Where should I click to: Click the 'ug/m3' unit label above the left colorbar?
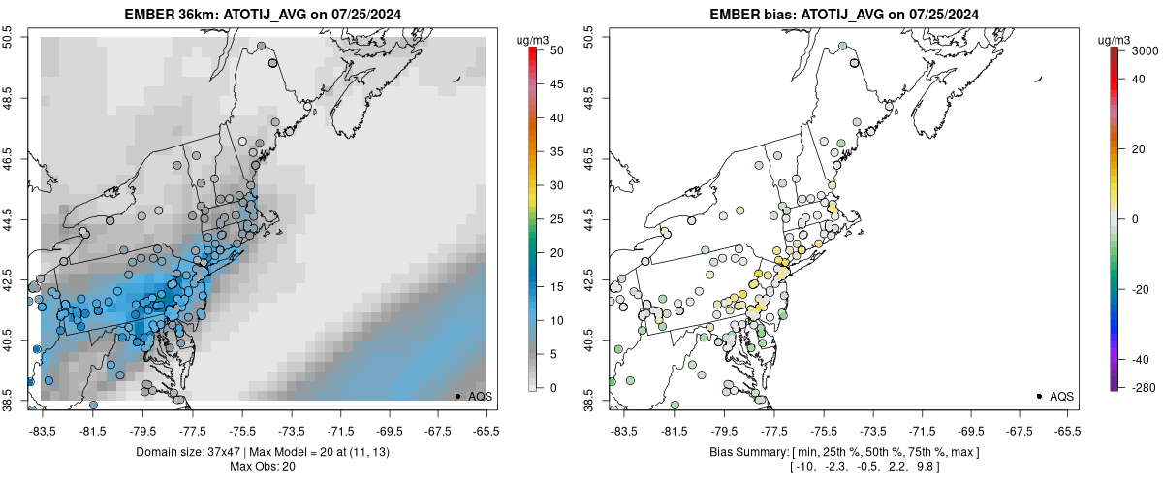coord(535,39)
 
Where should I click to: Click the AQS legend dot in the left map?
coord(457,396)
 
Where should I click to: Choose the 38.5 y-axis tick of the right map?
coord(590,401)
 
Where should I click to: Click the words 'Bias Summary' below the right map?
coord(742,452)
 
